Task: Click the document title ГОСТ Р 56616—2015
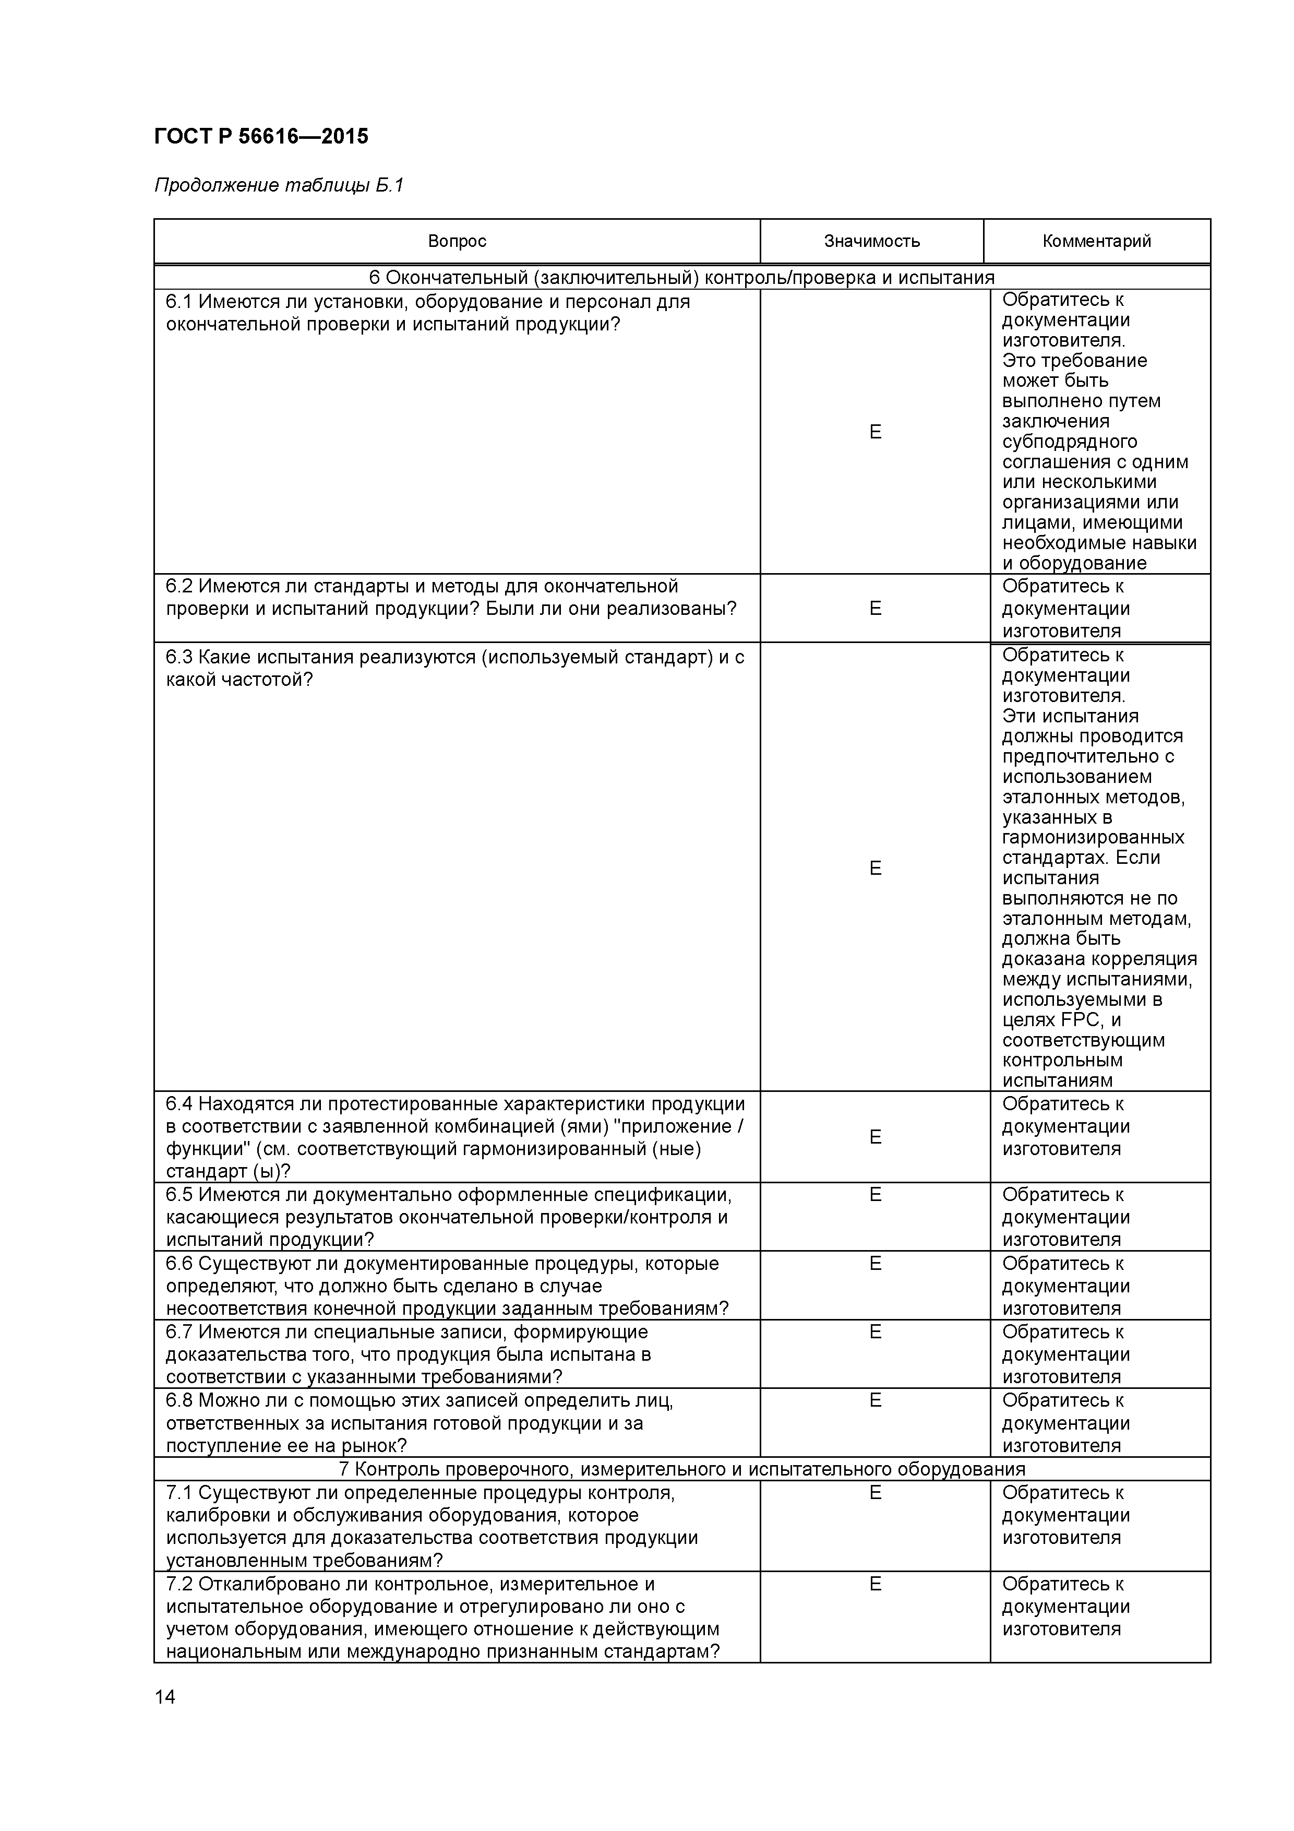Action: point(261,136)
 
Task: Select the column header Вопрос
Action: point(457,241)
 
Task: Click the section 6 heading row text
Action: point(681,278)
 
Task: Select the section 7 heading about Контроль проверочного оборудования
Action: point(681,1469)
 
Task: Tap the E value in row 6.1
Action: point(874,432)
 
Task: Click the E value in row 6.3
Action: point(874,869)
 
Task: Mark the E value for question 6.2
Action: point(874,609)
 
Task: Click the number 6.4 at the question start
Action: point(179,1104)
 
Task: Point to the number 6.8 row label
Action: point(179,1401)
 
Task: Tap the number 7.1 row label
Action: point(179,1493)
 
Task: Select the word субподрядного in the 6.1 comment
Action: point(1069,442)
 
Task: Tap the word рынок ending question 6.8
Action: point(374,1446)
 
